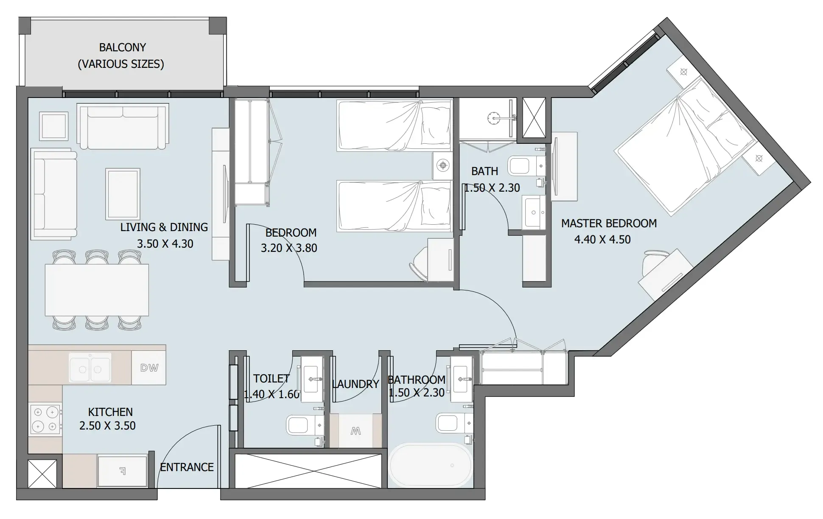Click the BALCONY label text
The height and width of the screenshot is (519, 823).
point(122,47)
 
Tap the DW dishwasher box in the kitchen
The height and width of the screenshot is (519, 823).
point(149,368)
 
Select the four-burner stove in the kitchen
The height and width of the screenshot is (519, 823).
point(45,419)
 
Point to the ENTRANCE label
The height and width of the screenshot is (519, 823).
point(187,467)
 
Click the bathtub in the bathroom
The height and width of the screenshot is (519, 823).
point(430,465)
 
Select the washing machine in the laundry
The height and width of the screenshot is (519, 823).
point(356,431)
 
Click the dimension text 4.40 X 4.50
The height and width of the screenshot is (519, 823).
point(602,240)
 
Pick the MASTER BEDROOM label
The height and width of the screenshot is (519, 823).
point(608,223)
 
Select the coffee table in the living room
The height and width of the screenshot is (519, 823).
point(123,193)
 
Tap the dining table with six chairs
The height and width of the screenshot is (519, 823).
point(97,290)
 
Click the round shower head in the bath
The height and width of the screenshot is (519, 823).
point(494,117)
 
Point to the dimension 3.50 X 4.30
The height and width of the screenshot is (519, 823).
point(165,244)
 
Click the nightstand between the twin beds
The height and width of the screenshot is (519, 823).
point(442,165)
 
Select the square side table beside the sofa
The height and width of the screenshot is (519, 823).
point(54,126)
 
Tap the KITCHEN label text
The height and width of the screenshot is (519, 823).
point(110,412)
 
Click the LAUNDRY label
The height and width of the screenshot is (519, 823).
point(356,384)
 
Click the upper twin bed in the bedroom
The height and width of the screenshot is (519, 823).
point(395,125)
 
